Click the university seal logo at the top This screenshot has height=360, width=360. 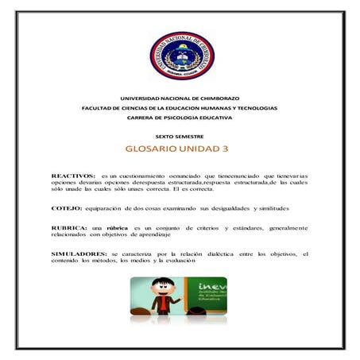click(x=182, y=55)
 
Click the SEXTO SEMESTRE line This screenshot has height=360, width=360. click(x=180, y=136)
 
